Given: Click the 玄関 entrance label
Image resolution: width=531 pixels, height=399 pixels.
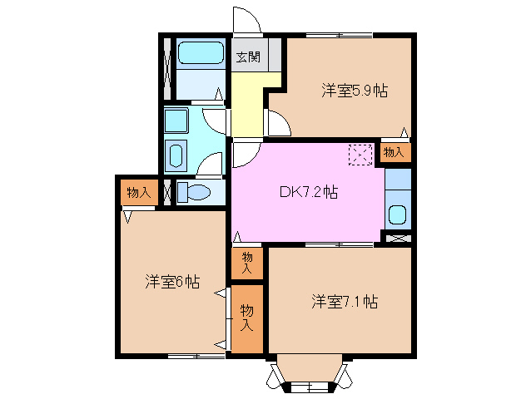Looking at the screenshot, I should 246,57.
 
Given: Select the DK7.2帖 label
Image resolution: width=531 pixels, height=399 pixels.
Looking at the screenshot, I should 308,192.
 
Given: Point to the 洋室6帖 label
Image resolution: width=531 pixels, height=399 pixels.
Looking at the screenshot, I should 171,282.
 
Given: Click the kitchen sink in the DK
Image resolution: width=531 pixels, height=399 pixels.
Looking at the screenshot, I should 398,215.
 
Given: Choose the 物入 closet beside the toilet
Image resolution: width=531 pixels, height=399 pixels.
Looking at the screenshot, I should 138,193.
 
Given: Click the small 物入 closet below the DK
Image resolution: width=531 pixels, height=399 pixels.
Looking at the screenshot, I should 247,264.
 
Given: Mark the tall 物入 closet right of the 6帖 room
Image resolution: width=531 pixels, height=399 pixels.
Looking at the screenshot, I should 247,318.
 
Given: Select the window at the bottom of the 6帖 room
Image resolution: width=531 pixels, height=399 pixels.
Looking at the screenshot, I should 196,356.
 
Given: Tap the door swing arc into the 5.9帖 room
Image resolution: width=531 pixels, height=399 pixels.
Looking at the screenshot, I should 278,124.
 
